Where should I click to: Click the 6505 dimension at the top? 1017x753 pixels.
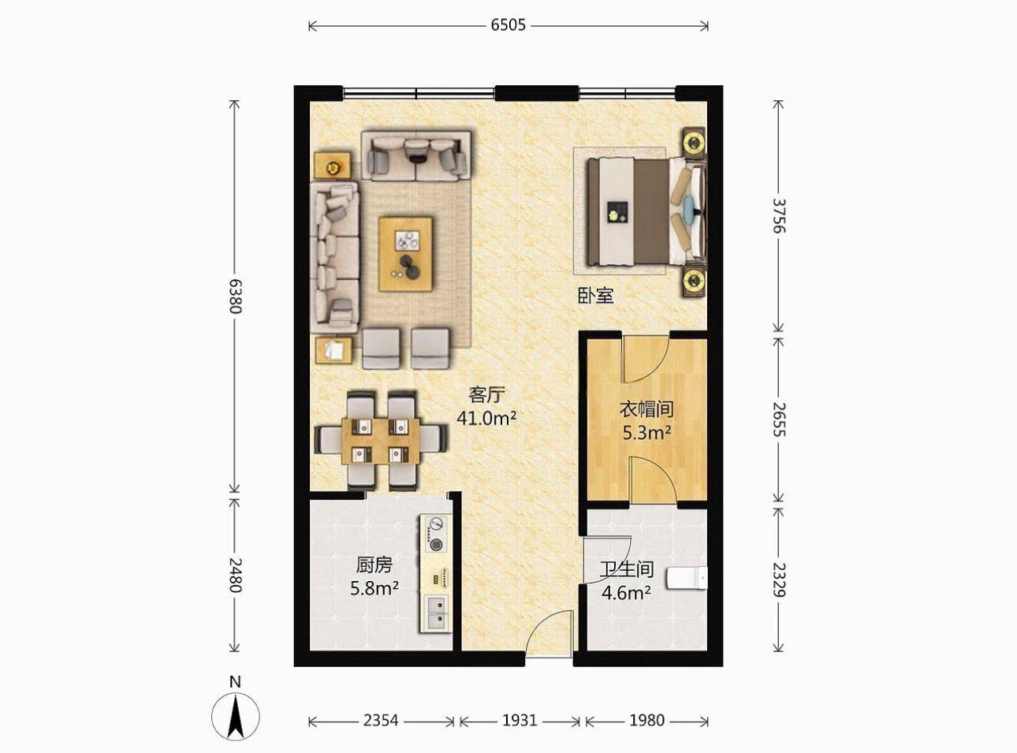[508, 26]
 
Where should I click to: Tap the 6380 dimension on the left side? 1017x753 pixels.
[235, 296]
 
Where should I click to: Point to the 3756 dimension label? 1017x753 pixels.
[779, 215]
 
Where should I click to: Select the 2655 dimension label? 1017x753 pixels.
[779, 419]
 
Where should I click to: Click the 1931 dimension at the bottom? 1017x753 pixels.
[520, 721]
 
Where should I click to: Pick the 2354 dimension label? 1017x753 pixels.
[381, 721]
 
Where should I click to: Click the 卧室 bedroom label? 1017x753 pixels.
[596, 296]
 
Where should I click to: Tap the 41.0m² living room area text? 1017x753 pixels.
[486, 418]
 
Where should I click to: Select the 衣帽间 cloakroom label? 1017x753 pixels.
[646, 408]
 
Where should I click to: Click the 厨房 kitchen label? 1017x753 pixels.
[374, 565]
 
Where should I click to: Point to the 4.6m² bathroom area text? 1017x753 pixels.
[626, 593]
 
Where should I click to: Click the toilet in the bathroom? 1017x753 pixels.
[687, 578]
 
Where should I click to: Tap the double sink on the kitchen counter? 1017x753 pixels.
[436, 613]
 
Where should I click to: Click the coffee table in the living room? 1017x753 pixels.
[405, 254]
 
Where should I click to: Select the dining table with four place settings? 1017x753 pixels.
[381, 441]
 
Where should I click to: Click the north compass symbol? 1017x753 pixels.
[235, 716]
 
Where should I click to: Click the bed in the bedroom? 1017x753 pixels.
[646, 211]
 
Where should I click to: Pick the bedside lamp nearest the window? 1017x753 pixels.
[694, 140]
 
